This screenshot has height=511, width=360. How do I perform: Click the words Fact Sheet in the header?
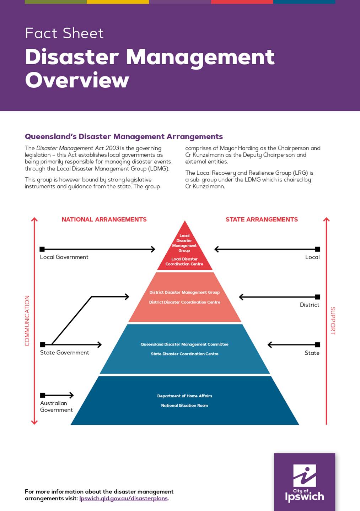click(64, 33)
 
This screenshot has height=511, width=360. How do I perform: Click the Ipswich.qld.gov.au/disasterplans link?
click(124, 499)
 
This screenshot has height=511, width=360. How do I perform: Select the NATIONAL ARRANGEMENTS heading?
click(104, 219)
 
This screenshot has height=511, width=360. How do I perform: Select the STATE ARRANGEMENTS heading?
click(262, 219)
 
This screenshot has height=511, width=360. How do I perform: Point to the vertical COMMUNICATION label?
click(27, 321)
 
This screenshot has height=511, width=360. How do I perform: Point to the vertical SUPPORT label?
click(333, 321)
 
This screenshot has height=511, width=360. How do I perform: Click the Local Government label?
click(64, 257)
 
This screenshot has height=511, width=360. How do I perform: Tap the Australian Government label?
click(57, 407)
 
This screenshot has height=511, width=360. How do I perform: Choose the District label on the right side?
click(310, 305)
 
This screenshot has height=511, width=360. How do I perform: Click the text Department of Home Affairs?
click(184, 396)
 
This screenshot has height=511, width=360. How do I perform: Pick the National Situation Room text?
click(184, 406)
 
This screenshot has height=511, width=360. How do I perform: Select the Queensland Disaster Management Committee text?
click(184, 344)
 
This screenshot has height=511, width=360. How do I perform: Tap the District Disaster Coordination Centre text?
click(184, 302)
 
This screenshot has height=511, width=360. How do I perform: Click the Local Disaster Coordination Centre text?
click(184, 261)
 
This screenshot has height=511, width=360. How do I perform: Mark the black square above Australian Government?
click(43, 395)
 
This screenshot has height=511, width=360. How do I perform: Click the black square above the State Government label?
click(43, 344)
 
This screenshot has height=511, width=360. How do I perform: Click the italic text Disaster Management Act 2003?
click(77, 148)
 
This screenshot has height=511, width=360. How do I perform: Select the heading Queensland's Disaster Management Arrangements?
click(124, 136)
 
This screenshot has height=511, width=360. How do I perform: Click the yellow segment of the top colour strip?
click(118, 2)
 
